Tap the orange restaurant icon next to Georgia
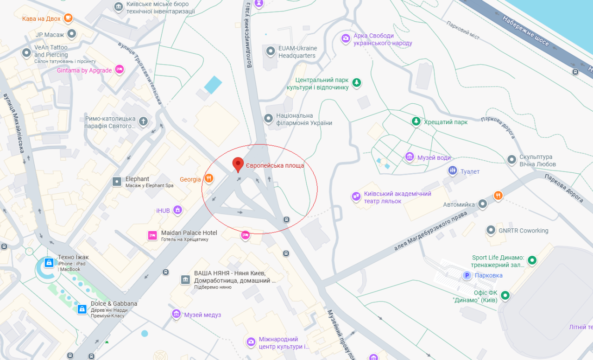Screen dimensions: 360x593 tap(209, 178)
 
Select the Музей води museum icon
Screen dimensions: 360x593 tap(410, 157)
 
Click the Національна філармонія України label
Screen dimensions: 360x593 tap(304, 119)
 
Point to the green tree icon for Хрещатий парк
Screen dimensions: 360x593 tap(416, 121)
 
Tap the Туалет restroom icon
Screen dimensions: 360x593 tap(453, 171)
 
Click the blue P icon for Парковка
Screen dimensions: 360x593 tap(467, 275)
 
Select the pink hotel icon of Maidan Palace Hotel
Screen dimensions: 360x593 tap(152, 235)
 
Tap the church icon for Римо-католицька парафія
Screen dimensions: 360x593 tap(144, 122)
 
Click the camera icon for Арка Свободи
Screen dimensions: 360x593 tap(345, 38)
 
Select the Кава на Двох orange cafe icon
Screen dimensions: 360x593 tap(68, 18)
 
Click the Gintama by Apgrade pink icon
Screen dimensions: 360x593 tap(120, 70)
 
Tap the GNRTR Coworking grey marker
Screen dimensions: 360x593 tap(491, 230)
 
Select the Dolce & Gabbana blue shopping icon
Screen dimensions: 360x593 tap(82, 309)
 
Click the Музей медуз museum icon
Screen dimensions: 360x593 tap(176, 314)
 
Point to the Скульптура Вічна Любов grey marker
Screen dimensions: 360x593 tap(512, 160)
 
